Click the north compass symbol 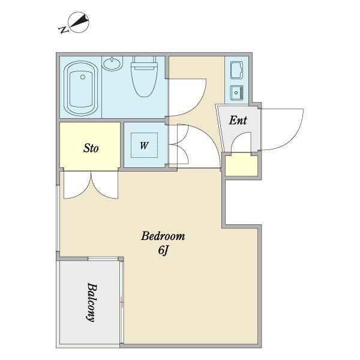click(x=79, y=22)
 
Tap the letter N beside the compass click(x=63, y=29)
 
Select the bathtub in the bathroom click(x=81, y=88)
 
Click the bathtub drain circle click(x=83, y=77)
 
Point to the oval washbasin click(x=112, y=64)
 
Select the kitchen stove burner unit click(x=236, y=70)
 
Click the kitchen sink click(x=236, y=92)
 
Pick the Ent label click(x=238, y=120)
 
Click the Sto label click(x=91, y=148)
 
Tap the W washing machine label click(x=144, y=145)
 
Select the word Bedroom click(x=163, y=236)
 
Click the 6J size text click(x=163, y=250)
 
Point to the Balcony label click(x=91, y=302)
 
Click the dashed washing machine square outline click(x=144, y=145)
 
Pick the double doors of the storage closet click(x=91, y=185)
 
